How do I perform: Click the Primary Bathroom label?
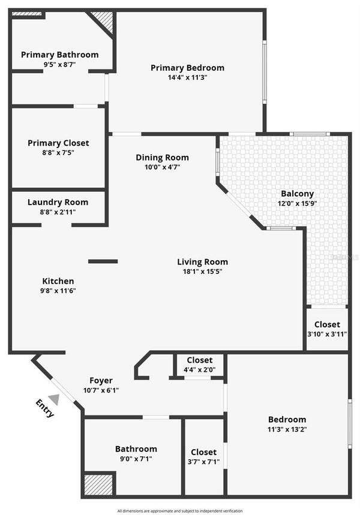pyautogui.click(x=59, y=55)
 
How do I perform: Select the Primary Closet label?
pyautogui.click(x=58, y=143)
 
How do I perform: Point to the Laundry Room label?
pyautogui.click(x=58, y=202)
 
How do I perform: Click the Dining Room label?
pyautogui.click(x=162, y=158)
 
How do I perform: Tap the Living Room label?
pyautogui.click(x=202, y=261)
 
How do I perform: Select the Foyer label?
pyautogui.click(x=101, y=380)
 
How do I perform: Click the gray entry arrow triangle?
pyautogui.click(x=55, y=399)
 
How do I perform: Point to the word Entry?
pyautogui.click(x=45, y=408)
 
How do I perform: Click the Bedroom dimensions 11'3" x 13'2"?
pyautogui.click(x=287, y=429)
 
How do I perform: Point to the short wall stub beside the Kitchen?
pyautogui.click(x=103, y=261)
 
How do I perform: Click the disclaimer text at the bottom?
pyautogui.click(x=180, y=510)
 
